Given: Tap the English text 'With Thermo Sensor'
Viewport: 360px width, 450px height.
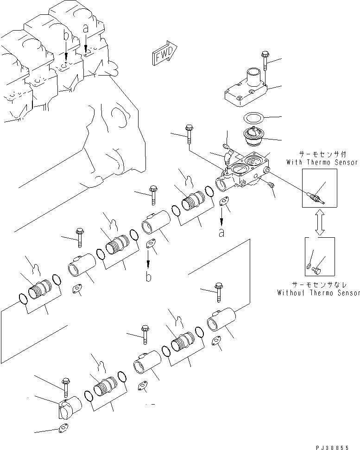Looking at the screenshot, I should pyautogui.click(x=322, y=162).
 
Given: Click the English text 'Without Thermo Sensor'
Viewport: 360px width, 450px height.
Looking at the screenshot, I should pyautogui.click(x=318, y=293).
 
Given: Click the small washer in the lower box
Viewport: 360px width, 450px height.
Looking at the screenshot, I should pyautogui.click(x=309, y=266).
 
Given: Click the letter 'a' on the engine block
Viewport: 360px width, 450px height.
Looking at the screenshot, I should pyautogui.click(x=86, y=29).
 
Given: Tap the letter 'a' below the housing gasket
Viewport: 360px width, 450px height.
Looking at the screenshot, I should pyautogui.click(x=222, y=233).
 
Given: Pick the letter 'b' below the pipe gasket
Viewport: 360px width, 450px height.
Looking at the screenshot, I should pyautogui.click(x=148, y=278).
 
